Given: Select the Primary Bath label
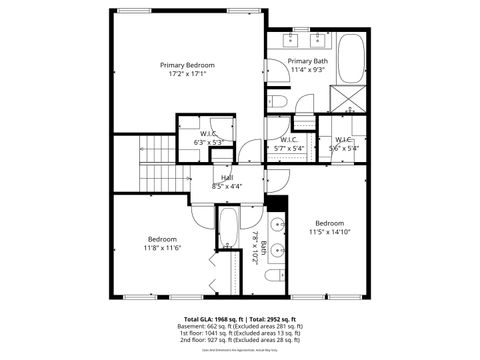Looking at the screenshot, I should [x=308, y=62].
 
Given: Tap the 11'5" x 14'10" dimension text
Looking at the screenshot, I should [x=330, y=231].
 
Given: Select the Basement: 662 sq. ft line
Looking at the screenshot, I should [x=240, y=326].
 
